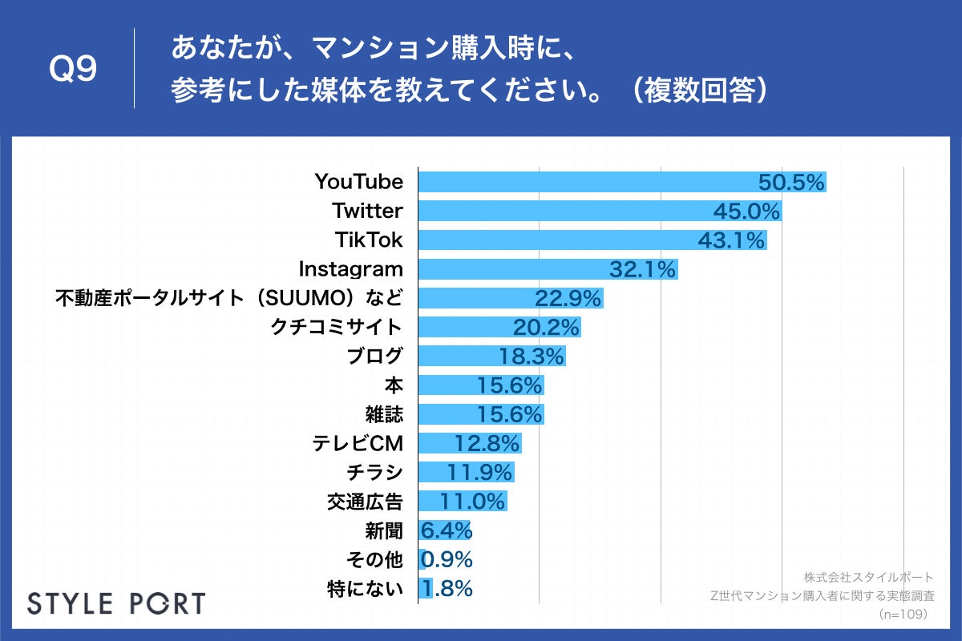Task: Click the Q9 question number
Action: (73, 69)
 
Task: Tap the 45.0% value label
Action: (746, 212)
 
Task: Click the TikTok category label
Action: (368, 240)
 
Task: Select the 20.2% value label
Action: (545, 328)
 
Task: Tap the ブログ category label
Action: (374, 357)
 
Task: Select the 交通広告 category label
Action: (365, 502)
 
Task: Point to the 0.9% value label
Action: (447, 559)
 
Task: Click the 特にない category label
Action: (365, 589)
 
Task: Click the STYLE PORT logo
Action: (116, 603)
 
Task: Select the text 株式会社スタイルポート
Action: (868, 577)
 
